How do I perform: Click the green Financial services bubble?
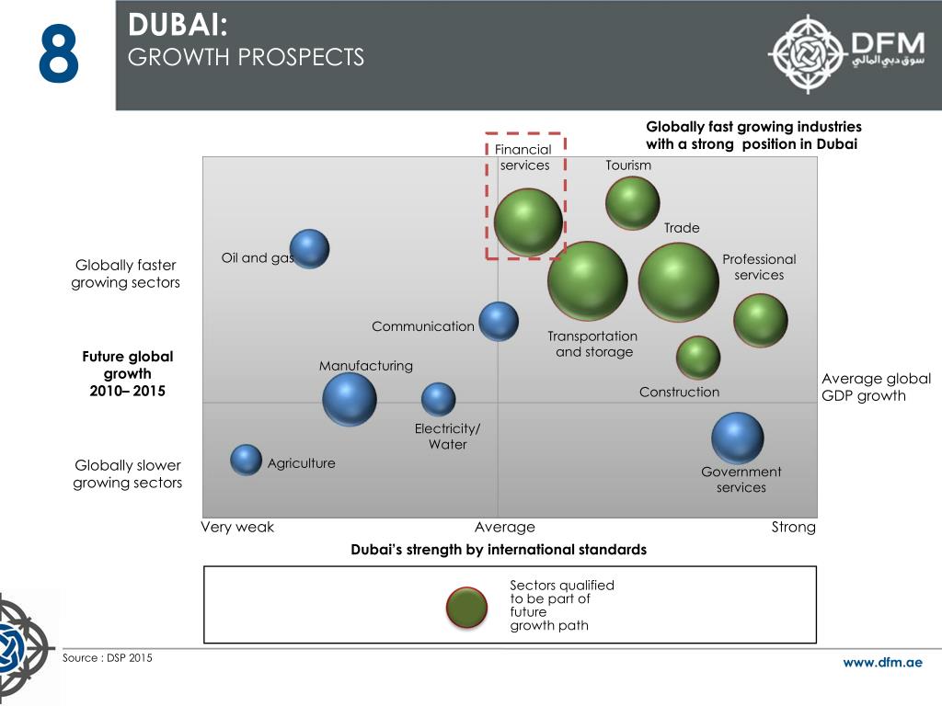tap(528, 222)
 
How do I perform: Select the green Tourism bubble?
tap(632, 202)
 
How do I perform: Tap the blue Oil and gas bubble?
tap(309, 248)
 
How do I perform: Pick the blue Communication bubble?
tap(499, 321)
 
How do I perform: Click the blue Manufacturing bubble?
tap(350, 399)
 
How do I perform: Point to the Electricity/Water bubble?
tap(438, 399)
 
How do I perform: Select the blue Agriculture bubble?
tap(246, 460)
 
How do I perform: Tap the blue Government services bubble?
tap(737, 438)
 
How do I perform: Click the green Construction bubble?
tap(698, 357)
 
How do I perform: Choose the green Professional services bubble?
tap(760, 320)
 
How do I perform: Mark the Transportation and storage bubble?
tap(587, 280)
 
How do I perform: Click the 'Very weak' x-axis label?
tap(237, 527)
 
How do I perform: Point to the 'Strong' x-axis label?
tap(793, 527)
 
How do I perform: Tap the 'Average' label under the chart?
tap(504, 527)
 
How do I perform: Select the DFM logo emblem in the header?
tap(807, 53)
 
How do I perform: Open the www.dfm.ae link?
tap(882, 662)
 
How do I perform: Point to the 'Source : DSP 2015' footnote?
tap(108, 658)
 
